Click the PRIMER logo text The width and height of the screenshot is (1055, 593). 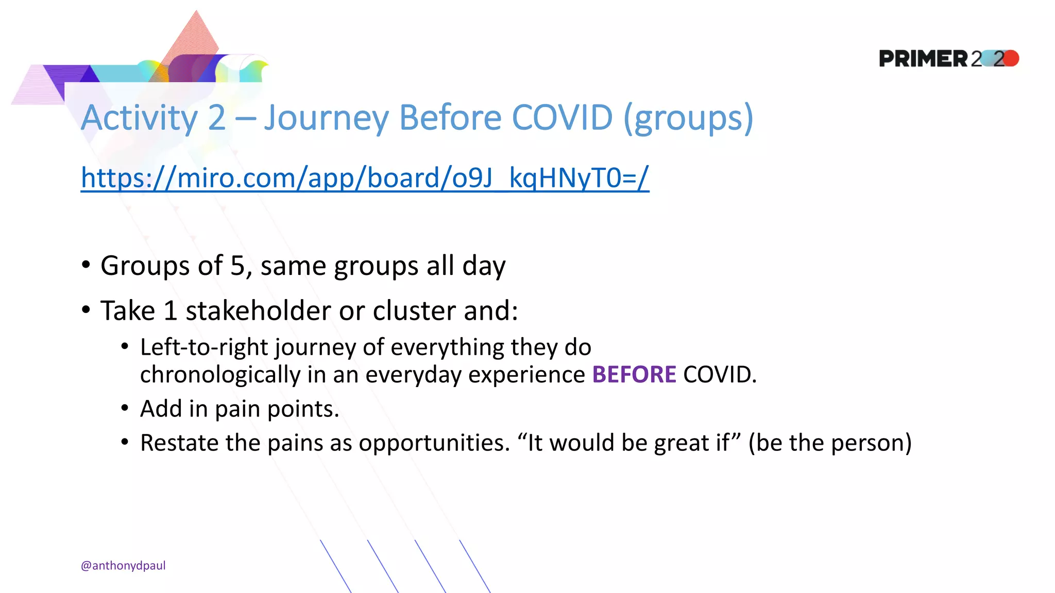click(923, 59)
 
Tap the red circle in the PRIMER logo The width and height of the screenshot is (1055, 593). click(1011, 58)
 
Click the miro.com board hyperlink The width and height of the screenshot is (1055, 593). click(365, 178)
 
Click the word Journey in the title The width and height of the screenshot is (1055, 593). click(327, 118)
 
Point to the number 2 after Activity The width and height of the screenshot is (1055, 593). click(217, 118)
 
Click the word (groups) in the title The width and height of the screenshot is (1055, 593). click(689, 118)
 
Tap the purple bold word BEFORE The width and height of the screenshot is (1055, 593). click(634, 374)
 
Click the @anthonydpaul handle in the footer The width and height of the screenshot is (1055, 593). click(123, 565)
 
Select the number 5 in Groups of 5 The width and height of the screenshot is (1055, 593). click(237, 266)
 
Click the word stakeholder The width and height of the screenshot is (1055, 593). click(258, 310)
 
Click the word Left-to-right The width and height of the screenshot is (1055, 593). click(205, 347)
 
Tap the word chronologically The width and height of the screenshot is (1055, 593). click(220, 374)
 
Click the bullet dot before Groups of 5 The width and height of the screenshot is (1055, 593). click(86, 265)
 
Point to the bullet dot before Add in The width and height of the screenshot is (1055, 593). click(125, 408)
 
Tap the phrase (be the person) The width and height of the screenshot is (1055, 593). click(830, 443)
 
